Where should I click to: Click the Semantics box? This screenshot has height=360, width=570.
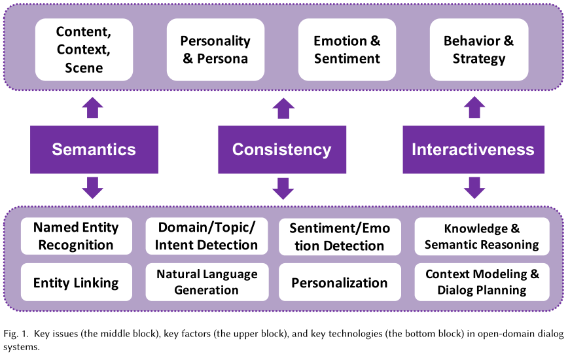point(94,149)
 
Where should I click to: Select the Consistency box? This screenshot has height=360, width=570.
point(282,149)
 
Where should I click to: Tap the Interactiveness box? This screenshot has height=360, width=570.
point(473,149)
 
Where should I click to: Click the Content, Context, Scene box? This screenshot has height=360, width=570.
point(84,50)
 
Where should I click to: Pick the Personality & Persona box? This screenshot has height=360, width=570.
point(215,50)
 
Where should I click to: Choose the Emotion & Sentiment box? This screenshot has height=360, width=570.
point(347,50)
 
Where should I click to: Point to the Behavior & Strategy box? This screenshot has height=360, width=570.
point(479,50)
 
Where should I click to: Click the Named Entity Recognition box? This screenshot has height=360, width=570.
point(77,236)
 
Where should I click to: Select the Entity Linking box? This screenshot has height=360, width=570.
point(77,282)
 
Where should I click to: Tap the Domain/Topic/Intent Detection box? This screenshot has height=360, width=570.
point(207,236)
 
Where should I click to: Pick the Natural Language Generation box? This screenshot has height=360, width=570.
point(207,282)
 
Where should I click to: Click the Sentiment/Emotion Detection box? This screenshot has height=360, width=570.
point(340,237)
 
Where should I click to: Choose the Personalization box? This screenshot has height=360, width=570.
point(340,282)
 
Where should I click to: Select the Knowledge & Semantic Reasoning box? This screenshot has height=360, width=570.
point(482,236)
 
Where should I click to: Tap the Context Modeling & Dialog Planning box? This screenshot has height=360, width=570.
point(482,282)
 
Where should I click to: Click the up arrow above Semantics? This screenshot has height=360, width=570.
point(93,107)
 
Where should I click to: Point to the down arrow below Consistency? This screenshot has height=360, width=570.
point(283,189)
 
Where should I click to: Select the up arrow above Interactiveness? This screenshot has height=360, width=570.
point(474,107)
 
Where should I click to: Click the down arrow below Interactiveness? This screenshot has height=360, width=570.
point(474,188)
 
